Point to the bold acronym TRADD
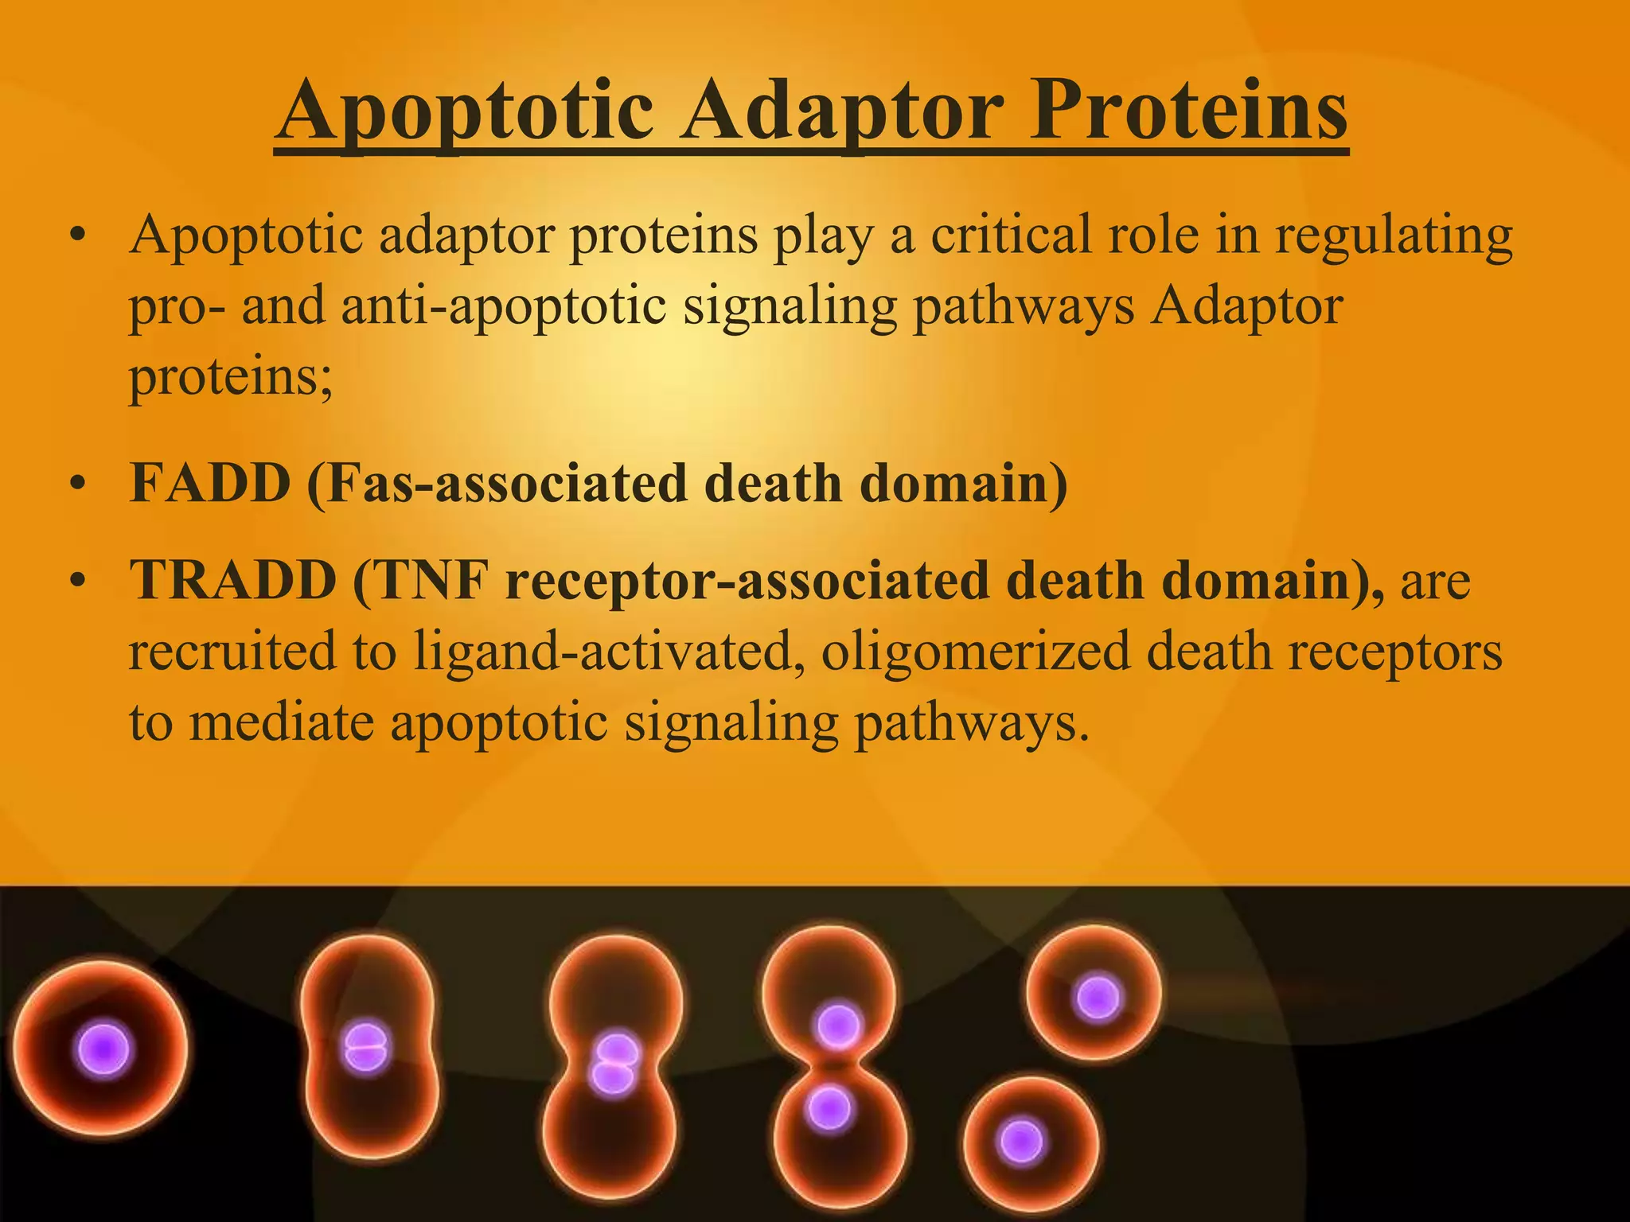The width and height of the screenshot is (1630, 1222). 233,580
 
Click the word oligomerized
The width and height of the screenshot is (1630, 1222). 975,652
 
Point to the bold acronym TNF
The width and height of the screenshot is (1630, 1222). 430,580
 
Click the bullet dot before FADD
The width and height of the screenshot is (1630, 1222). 76,485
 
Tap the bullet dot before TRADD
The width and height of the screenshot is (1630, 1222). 76,582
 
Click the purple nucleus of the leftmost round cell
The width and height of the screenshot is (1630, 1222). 103,1050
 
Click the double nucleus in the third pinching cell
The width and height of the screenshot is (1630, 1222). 614,1063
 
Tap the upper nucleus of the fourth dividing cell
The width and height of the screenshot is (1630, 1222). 837,1025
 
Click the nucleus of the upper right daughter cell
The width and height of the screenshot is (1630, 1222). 1098,998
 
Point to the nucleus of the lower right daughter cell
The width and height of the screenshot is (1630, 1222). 1021,1142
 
